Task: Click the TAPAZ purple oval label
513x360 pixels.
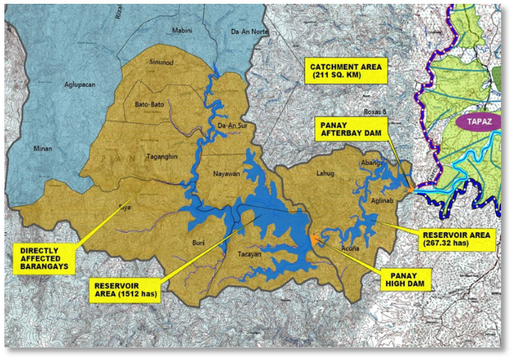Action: point(476,122)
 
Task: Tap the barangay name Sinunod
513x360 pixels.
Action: point(161,63)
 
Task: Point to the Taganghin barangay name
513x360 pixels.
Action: point(162,157)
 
